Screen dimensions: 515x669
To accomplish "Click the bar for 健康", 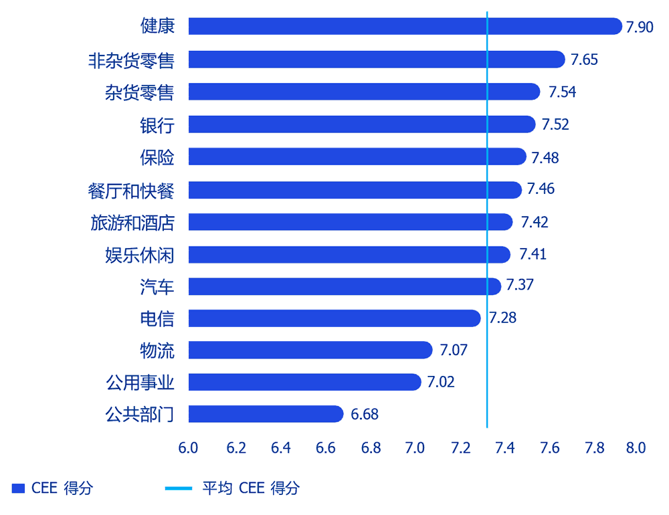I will (x=405, y=26).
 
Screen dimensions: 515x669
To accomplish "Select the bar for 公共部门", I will (x=266, y=414).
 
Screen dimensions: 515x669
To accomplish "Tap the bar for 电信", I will (x=334, y=318).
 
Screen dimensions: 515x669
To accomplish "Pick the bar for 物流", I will (x=310, y=350).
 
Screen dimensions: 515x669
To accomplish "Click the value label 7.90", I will (x=639, y=27).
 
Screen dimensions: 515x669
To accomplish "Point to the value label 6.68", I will (x=365, y=415).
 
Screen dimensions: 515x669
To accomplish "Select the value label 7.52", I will (x=555, y=124).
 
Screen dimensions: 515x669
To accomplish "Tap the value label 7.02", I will (x=441, y=383).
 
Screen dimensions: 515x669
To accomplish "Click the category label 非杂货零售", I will (x=131, y=60).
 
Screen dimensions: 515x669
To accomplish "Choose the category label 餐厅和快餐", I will (x=131, y=190).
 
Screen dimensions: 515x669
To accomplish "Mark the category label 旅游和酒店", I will (x=132, y=222).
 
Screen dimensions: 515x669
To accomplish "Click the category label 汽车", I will (x=157, y=287).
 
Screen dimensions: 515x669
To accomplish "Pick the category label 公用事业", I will (x=140, y=383).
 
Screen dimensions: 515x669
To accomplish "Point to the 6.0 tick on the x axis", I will (x=188, y=447).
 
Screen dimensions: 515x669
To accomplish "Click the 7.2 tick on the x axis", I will (x=460, y=447).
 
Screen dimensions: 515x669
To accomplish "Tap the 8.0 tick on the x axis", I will (x=634, y=447).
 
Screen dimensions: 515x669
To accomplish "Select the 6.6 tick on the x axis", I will (x=325, y=447).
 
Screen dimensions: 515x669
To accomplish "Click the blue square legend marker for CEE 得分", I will (x=18, y=488).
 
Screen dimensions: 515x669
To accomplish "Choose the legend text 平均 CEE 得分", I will (x=251, y=488).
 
